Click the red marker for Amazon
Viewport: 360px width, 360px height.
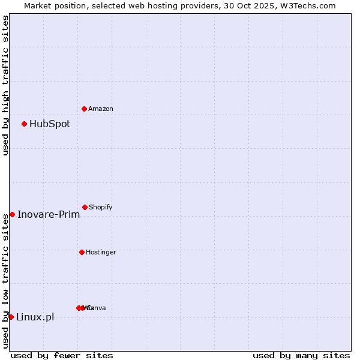click(x=85, y=109)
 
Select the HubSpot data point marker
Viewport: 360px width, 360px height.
click(x=25, y=124)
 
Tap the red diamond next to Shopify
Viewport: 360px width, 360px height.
click(x=85, y=207)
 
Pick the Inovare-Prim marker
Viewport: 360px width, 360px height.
click(x=12, y=215)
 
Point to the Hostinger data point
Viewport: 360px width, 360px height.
click(x=82, y=252)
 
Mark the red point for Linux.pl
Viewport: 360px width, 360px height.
click(x=11, y=317)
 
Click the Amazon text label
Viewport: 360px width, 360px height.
click(x=101, y=109)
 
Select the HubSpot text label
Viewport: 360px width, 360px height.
click(x=50, y=124)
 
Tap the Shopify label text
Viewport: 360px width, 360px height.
click(x=101, y=207)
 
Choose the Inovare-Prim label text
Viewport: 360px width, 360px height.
click(x=49, y=215)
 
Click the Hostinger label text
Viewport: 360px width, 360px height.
click(x=101, y=252)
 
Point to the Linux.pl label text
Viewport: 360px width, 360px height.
click(x=35, y=317)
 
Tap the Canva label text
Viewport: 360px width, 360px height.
click(x=97, y=308)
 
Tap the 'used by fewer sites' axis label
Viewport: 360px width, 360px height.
click(x=62, y=355)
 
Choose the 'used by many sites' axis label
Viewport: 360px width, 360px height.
click(x=301, y=355)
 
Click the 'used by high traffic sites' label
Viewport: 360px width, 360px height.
click(x=5, y=85)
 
